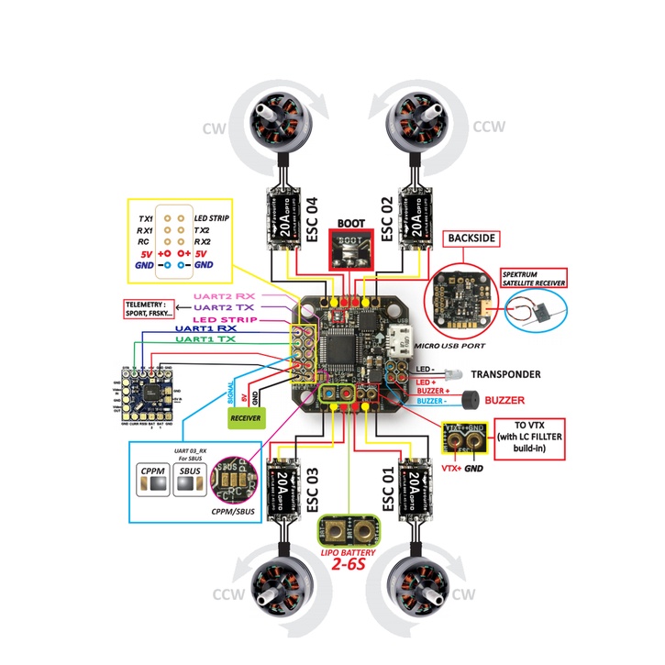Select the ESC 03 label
click(x=313, y=490)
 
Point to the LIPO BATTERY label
click(x=349, y=554)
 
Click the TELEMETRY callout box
click(x=148, y=307)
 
